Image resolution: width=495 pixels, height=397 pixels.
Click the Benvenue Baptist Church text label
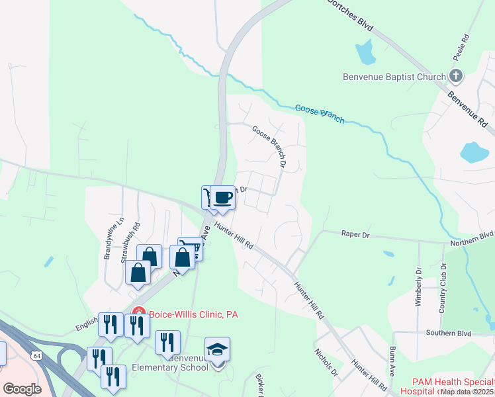point(394,77)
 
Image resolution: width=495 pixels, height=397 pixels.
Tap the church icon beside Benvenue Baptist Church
point(456,76)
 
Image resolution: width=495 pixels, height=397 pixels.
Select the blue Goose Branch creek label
point(320,113)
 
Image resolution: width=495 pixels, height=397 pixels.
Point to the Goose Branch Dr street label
point(270,146)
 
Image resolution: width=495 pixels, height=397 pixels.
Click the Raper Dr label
point(355,234)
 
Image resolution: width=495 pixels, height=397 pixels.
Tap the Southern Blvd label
point(447,332)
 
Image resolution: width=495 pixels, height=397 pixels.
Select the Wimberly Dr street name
point(418,287)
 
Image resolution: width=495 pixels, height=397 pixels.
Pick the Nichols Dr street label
point(326,363)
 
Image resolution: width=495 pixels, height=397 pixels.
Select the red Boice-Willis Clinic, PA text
point(193,314)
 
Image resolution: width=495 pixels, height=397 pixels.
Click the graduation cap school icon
point(217,350)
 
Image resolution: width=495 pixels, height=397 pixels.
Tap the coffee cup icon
point(223,197)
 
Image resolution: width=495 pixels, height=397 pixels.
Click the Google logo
point(22,388)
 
